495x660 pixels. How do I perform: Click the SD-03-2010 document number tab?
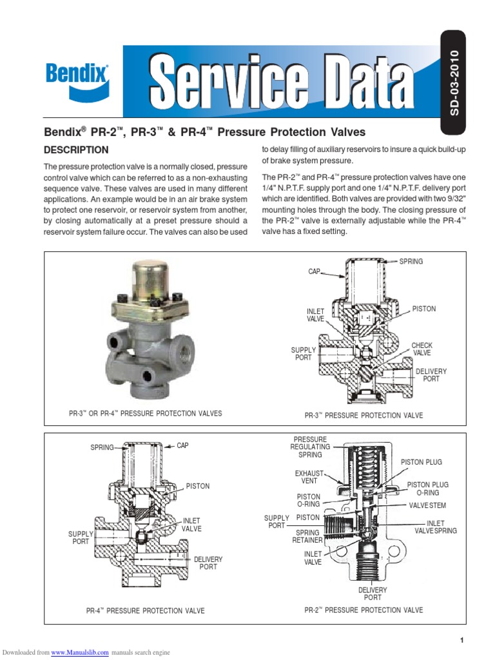click(x=455, y=83)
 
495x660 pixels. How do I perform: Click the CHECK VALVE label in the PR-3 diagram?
click(x=422, y=350)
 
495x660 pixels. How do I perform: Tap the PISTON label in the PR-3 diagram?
click(x=424, y=309)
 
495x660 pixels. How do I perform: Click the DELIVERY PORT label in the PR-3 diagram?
click(x=431, y=375)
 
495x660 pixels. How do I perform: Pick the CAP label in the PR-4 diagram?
click(x=184, y=446)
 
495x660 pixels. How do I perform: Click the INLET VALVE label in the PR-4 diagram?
click(x=192, y=525)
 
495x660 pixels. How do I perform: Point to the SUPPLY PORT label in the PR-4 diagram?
click(x=81, y=538)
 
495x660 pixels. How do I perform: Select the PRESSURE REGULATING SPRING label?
click(x=310, y=447)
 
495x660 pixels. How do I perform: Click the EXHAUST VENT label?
click(x=308, y=477)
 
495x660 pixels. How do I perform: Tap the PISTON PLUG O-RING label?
click(x=427, y=489)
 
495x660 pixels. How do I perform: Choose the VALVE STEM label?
click(x=427, y=506)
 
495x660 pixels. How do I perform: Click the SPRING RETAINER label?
click(x=307, y=537)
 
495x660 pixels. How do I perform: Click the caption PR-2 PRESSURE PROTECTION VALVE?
click(x=364, y=610)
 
